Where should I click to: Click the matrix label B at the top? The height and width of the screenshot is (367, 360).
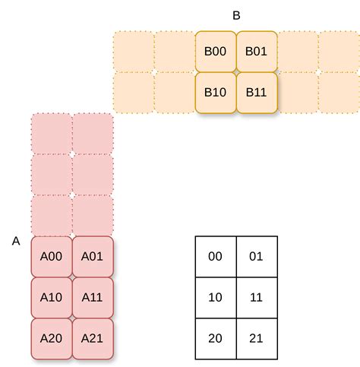click(236, 14)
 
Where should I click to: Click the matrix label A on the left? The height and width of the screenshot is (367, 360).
click(16, 241)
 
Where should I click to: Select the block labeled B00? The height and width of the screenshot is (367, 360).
click(215, 51)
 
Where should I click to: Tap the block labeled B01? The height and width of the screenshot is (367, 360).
click(256, 51)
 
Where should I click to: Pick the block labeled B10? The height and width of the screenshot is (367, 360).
click(215, 92)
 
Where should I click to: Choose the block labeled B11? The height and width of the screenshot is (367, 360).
click(256, 92)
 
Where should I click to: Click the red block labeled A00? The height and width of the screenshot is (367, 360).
click(51, 256)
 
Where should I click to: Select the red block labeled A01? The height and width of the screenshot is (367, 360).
click(92, 256)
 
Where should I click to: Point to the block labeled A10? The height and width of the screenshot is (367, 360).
click(51, 297)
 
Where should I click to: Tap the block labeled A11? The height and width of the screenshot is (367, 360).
click(92, 297)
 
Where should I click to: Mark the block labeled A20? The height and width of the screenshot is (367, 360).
click(51, 338)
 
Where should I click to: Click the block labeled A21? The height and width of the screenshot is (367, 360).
click(92, 338)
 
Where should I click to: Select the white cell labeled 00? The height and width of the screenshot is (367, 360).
click(216, 256)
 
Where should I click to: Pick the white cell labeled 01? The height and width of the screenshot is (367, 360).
click(257, 256)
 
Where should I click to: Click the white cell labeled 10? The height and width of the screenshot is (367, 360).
click(216, 297)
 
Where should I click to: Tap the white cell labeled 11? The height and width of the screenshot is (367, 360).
click(257, 297)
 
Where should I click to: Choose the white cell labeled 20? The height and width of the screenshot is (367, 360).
click(216, 338)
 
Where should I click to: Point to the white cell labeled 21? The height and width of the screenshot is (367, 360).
click(257, 338)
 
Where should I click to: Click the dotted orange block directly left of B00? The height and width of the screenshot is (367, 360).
click(174, 51)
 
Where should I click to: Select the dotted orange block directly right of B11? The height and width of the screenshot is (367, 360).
click(297, 92)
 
